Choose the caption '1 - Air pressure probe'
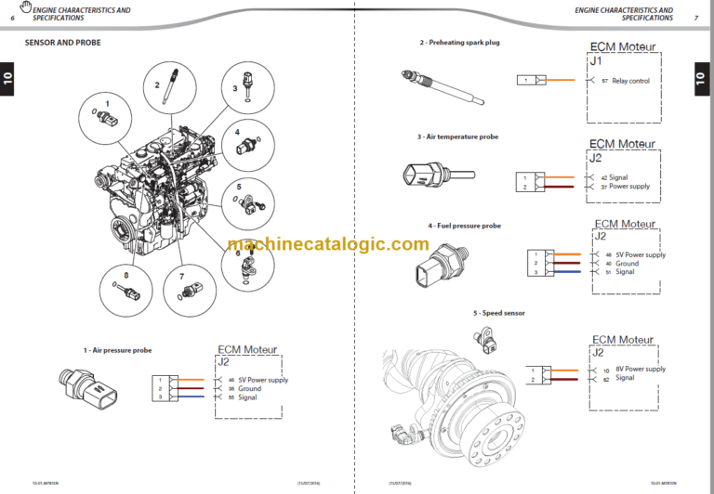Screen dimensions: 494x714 (117, 350)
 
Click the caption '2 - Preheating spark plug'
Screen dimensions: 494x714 (459, 43)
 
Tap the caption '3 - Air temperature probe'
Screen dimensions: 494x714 (457, 136)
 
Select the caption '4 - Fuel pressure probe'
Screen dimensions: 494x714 (464, 226)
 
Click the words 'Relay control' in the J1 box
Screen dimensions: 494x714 (630, 81)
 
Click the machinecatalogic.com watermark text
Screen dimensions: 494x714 (327, 245)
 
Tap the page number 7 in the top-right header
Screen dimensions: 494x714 (696, 18)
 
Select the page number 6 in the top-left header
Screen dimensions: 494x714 (12, 18)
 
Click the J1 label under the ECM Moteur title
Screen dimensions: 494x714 (597, 61)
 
